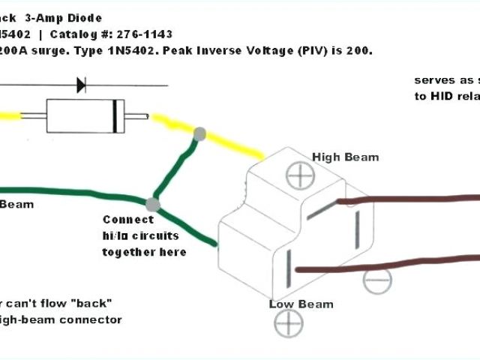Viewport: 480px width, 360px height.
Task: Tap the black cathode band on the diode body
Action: (113, 116)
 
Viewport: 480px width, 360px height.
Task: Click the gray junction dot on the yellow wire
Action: (199, 134)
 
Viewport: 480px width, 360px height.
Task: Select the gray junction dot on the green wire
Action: (152, 204)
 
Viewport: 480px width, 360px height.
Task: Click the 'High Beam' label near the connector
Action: (345, 157)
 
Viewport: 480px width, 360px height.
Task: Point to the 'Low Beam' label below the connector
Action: (301, 304)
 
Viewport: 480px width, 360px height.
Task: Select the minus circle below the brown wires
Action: (376, 280)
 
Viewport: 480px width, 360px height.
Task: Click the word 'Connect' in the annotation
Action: (127, 220)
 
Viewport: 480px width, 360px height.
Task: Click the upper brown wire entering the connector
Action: (405, 199)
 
